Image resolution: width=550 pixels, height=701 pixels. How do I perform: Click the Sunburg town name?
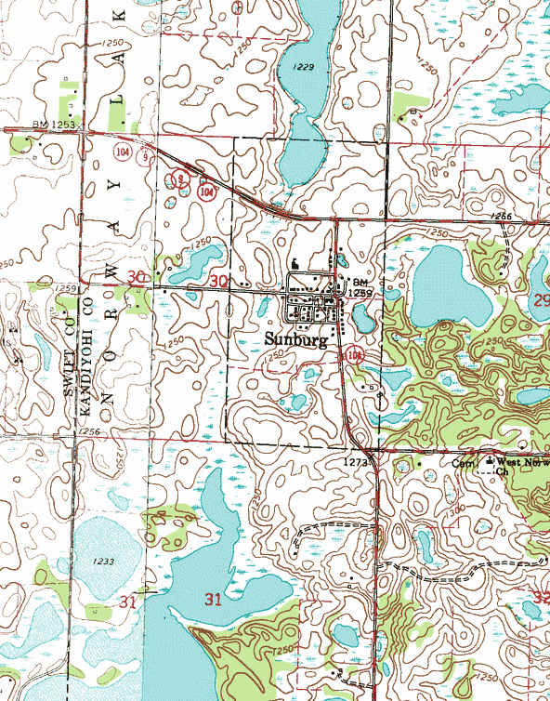[x=295, y=339]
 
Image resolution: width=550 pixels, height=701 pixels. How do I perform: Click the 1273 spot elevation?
[x=356, y=460]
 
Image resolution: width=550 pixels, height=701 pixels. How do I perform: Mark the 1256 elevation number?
[x=89, y=431]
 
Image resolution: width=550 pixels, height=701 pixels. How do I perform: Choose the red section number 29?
[x=541, y=299]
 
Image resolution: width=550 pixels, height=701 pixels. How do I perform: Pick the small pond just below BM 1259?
[x=363, y=319]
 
